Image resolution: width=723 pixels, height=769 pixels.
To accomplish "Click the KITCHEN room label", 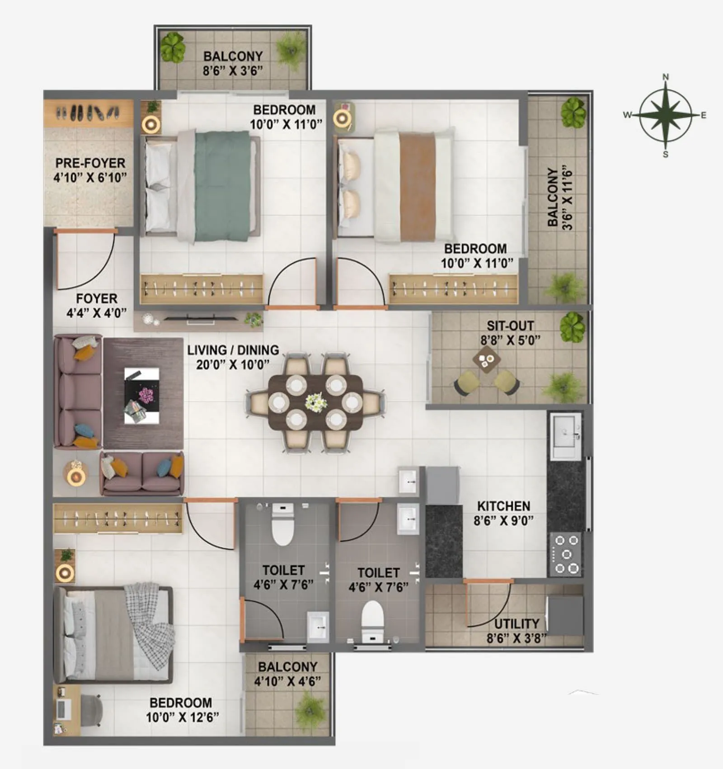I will click(503, 506).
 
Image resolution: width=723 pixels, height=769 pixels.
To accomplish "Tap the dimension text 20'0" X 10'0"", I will click(232, 364).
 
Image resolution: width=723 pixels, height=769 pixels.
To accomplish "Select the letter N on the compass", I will click(666, 77).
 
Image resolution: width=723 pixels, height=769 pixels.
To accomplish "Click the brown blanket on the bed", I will click(417, 186).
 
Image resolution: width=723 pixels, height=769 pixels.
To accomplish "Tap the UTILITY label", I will click(516, 624).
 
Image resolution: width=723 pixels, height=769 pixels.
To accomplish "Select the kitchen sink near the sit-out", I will click(565, 434).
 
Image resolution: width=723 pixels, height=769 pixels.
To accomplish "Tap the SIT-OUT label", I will click(510, 326).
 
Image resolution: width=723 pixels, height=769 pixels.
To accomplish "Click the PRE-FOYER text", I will click(90, 163).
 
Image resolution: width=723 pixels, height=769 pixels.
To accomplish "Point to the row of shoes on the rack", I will click(88, 112).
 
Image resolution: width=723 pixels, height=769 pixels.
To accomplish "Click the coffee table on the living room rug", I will click(141, 396).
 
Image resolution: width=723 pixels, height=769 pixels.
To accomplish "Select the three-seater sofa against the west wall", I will click(77, 391).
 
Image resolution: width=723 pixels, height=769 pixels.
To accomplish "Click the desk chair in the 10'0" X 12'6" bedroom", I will click(93, 710).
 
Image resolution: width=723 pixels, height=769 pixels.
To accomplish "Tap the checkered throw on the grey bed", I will click(151, 626).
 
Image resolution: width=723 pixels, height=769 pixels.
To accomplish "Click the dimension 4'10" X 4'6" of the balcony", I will click(287, 681).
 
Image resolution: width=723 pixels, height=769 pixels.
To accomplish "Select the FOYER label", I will click(96, 298).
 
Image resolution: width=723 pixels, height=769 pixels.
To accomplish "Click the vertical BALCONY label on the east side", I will click(553, 198).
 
